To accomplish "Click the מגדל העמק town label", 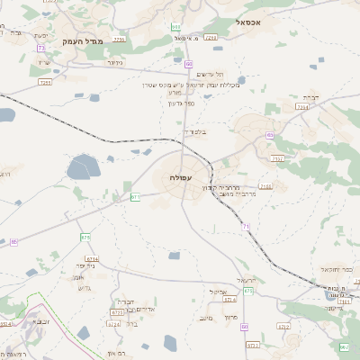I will (x=85, y=41).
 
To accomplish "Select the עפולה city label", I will (x=181, y=178).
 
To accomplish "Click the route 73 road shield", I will (x=40, y=48).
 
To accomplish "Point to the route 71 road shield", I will (x=246, y=226).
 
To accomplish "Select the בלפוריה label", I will (x=195, y=132).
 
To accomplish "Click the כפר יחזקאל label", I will (x=335, y=269).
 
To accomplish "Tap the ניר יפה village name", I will (x=84, y=265).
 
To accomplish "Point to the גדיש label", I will (x=85, y=288).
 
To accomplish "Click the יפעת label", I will (x=41, y=35).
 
